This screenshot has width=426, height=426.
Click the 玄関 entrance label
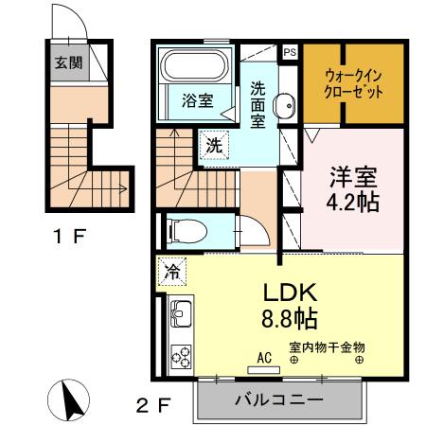[x=66, y=63]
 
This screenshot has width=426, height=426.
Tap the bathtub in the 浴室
[x=193, y=67]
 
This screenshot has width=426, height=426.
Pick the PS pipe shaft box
[x=289, y=53]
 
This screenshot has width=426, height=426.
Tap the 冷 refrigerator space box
[x=172, y=272]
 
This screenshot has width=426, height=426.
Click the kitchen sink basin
[x=180, y=314]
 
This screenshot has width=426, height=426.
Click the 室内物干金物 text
[x=327, y=347]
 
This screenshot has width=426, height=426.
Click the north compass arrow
[x=71, y=399]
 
